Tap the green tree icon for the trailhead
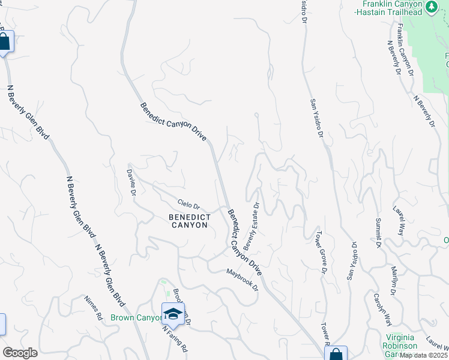431,7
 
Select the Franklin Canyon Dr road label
406,49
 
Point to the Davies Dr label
131,179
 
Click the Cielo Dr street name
188,205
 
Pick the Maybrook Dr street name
241,279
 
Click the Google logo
20,353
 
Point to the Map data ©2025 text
424,355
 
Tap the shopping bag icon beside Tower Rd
336,354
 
